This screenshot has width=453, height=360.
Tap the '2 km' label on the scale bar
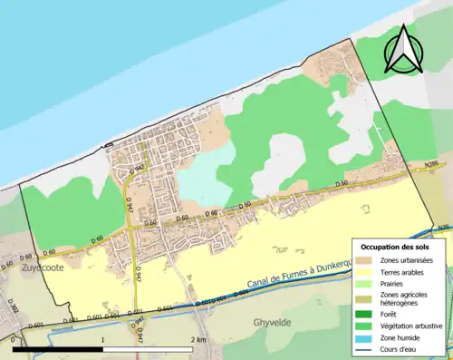coord(198,339)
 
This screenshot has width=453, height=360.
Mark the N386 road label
coord(434,164)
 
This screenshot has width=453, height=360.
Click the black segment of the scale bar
coord(58,348)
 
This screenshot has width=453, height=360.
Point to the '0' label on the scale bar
coord(14,339)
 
